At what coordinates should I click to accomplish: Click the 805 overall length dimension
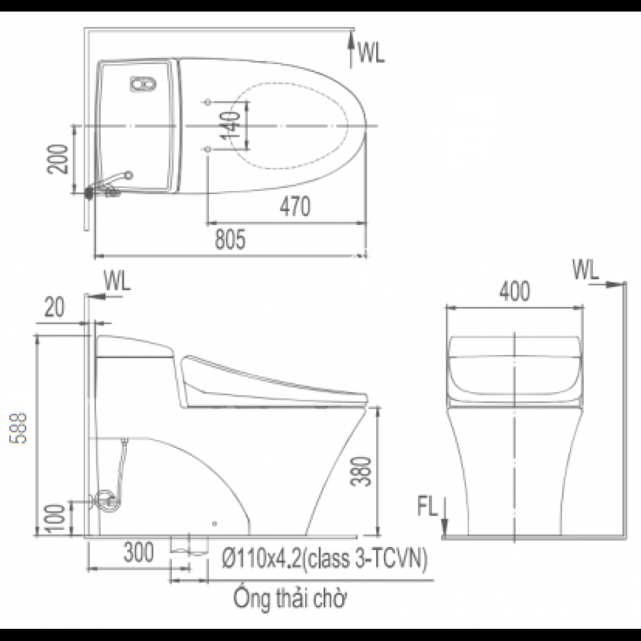pos(230,240)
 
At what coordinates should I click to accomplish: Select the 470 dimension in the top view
pos(295,208)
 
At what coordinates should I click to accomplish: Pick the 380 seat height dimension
pos(363,472)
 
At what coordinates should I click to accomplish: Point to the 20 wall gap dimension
pos(56,308)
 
